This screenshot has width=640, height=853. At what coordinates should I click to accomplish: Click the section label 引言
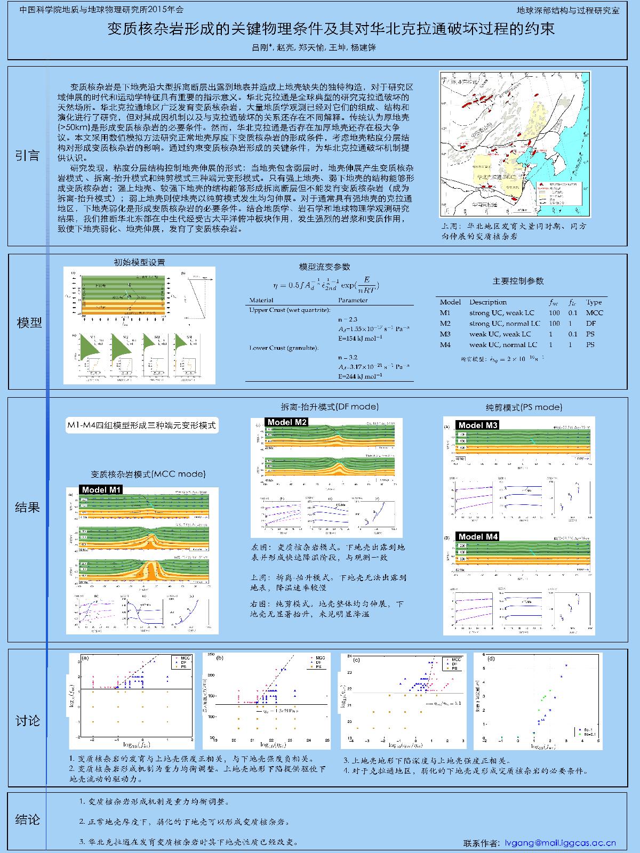pyautogui.click(x=27, y=156)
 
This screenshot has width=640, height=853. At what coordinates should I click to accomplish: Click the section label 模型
pyautogui.click(x=29, y=323)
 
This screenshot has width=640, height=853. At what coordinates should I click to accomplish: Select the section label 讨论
pyautogui.click(x=27, y=721)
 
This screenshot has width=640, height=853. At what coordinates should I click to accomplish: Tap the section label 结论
pyautogui.click(x=27, y=820)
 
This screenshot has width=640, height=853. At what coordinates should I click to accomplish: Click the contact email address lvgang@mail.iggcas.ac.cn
pyautogui.click(x=560, y=843)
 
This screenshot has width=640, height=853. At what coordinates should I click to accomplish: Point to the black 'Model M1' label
pyautogui.click(x=101, y=490)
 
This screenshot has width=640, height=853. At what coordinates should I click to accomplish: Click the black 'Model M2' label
pyautogui.click(x=287, y=422)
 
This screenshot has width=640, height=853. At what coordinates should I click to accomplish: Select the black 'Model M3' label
pyautogui.click(x=478, y=425)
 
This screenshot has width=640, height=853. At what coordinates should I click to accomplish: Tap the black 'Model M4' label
pyautogui.click(x=478, y=536)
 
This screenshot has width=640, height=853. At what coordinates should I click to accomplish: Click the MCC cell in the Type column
pyautogui.click(x=594, y=313)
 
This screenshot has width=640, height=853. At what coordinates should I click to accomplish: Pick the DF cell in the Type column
pyautogui.click(x=590, y=324)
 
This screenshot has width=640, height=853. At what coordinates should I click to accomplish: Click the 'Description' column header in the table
pyautogui.click(x=487, y=302)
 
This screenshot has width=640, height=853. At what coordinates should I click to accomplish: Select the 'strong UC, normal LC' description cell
pyautogui.click(x=505, y=324)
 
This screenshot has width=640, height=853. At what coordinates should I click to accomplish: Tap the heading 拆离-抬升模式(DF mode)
pyautogui.click(x=330, y=406)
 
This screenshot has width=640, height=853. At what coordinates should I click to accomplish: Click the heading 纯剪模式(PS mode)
pyautogui.click(x=524, y=407)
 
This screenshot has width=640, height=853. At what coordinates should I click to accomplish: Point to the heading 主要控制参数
pyautogui.click(x=517, y=281)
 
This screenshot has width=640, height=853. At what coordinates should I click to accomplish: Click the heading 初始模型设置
pyautogui.click(x=139, y=262)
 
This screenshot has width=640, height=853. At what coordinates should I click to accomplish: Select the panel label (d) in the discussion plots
pyautogui.click(x=491, y=659)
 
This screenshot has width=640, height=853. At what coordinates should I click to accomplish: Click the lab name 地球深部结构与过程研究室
pyautogui.click(x=568, y=10)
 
